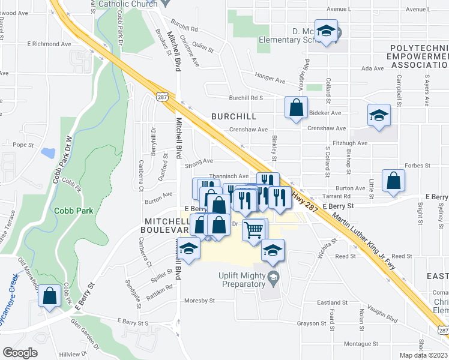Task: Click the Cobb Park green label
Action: tap(74, 211)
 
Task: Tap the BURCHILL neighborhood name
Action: tap(234, 116)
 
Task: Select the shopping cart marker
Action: tap(255, 229)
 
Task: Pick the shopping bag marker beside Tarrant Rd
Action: tap(393, 181)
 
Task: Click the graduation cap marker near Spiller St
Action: tap(188, 249)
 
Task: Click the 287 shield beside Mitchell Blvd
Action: tap(161, 96)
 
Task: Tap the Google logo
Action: tap(20, 353)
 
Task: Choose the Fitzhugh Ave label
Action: tap(354, 143)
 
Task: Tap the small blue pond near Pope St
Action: tap(47, 152)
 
